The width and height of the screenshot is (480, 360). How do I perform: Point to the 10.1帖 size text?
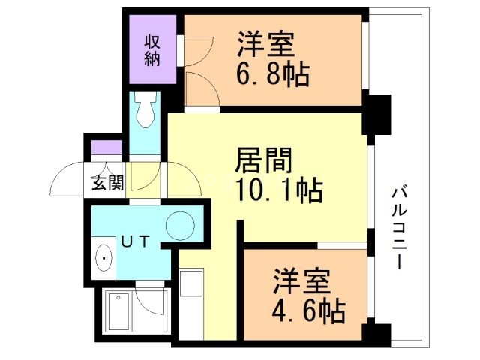pos(280,191)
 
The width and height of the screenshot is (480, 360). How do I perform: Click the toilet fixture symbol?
pos(146,112)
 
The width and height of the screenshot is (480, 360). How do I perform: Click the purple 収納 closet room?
pos(152,49)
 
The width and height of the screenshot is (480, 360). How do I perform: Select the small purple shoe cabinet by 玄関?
pos(106,148)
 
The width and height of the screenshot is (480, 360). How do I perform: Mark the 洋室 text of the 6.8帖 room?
pos(267,43)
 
